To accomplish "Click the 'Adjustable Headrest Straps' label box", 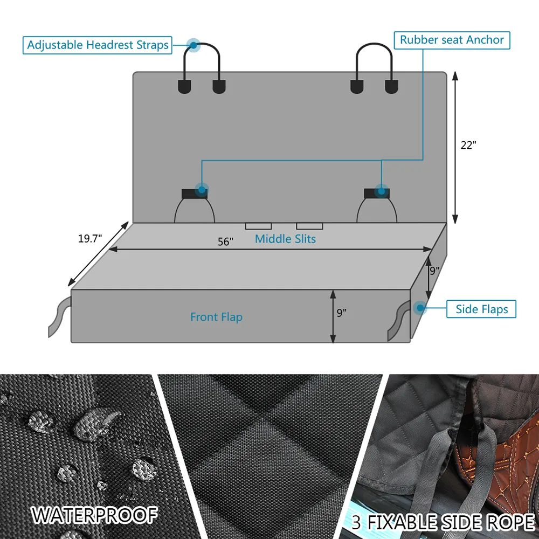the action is tap(97, 45).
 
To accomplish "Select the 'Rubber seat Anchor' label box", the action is tap(452, 40).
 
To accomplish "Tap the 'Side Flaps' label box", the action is tap(481, 309).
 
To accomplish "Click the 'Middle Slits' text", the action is tap(285, 239).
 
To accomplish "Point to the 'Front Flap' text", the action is tap(217, 317).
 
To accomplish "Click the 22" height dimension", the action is tap(468, 145).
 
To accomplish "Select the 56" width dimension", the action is tap(225, 241).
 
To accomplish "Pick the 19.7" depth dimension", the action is tap(90, 239).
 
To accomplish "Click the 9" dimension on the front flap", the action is tap(341, 313).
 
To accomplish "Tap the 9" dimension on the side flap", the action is tap(434, 271).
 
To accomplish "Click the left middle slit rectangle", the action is tap(259, 226).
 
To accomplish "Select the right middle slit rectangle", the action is tap(310, 226).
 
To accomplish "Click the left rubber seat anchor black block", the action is tap(194, 194).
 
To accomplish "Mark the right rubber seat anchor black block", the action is tap(377, 194).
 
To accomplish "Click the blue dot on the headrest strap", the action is tap(194, 45).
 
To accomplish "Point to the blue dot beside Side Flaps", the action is tap(420, 308).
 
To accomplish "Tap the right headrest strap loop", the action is tap(375, 44).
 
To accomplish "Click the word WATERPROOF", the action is tap(94, 515).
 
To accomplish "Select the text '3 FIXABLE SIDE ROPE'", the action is tap(443, 522).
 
